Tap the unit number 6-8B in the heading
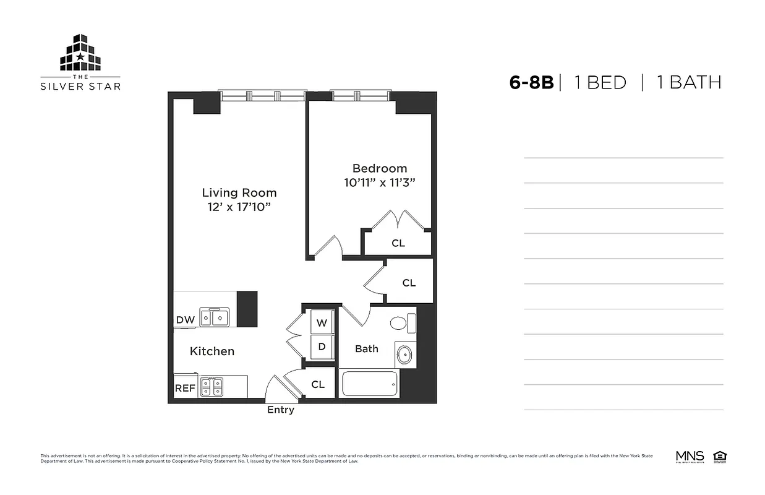[x=531, y=82]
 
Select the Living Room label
[x=239, y=192]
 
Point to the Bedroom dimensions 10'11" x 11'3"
[x=379, y=183]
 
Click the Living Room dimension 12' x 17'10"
[x=239, y=207]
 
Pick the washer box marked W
[x=322, y=322]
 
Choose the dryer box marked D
[x=322, y=346]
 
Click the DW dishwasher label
[x=185, y=320]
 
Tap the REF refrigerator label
[x=185, y=388]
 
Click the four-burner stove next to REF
[x=212, y=387]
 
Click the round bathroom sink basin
[x=404, y=355]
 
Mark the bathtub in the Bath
[x=369, y=384]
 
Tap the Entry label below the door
[x=281, y=410]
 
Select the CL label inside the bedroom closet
[x=398, y=243]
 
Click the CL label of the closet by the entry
[x=318, y=384]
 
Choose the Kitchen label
[x=212, y=351]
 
